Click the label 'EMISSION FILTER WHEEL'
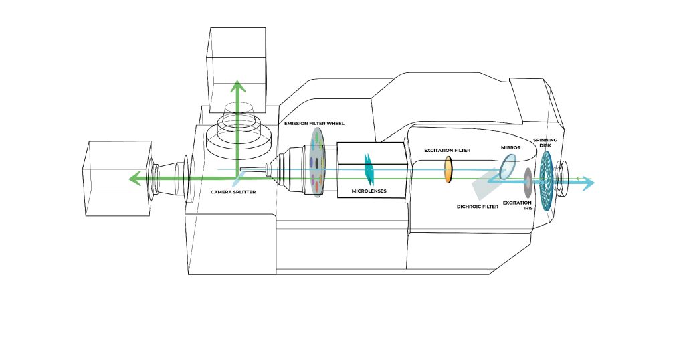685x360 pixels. point(314,124)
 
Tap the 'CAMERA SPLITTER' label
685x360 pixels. point(233,192)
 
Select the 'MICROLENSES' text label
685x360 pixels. point(369,191)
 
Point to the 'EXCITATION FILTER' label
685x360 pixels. point(448,151)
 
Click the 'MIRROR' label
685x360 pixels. point(510,148)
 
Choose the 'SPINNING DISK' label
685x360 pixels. point(545,143)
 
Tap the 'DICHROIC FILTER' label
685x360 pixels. point(478,207)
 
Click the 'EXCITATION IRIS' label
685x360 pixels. point(518,206)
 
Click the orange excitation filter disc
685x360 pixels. point(448,169)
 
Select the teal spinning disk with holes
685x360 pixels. point(547,181)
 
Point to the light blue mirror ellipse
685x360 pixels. point(508,167)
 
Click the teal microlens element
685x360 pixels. point(369,169)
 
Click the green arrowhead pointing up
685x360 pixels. point(237,86)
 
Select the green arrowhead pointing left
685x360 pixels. point(135,178)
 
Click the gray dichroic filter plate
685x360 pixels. point(486,186)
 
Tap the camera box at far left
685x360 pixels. point(117,178)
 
